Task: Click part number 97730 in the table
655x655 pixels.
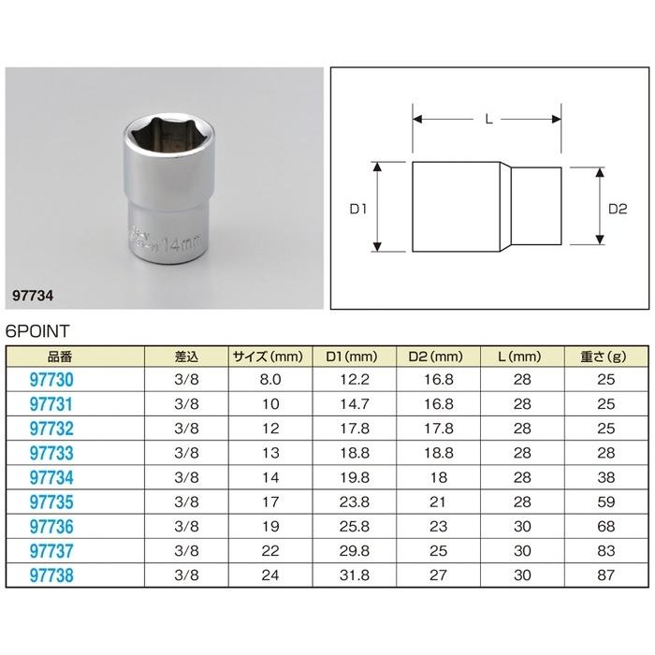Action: pyautogui.click(x=51, y=380)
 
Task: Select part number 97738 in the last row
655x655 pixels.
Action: pyautogui.click(x=51, y=575)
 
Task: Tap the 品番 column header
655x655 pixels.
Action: pyautogui.click(x=60, y=357)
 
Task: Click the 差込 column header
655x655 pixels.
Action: pyautogui.click(x=186, y=357)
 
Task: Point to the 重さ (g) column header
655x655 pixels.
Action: pyautogui.click(x=604, y=357)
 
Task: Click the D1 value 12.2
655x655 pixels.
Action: pyautogui.click(x=355, y=379)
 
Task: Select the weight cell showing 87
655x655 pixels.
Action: pyautogui.click(x=605, y=575)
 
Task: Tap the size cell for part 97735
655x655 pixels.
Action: pyautogui.click(x=270, y=502)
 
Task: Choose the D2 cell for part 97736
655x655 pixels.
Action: pyautogui.click(x=438, y=526)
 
